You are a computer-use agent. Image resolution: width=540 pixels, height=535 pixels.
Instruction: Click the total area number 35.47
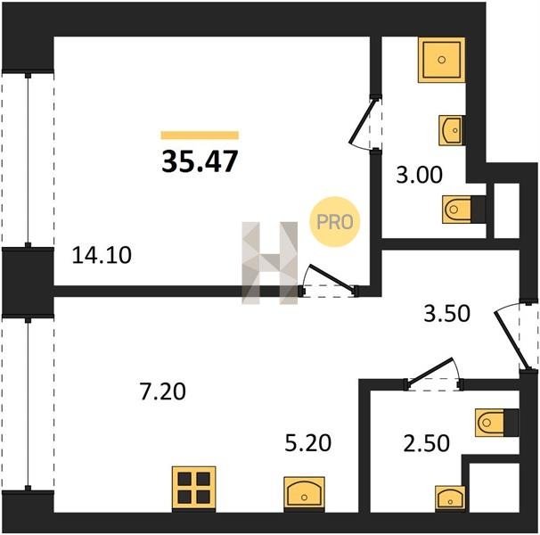[200, 161]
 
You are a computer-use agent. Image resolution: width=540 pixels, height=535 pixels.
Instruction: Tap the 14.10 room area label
[102, 255]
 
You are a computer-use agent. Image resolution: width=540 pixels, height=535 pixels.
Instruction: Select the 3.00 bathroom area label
[419, 175]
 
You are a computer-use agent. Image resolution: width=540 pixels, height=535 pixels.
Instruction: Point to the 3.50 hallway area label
[446, 313]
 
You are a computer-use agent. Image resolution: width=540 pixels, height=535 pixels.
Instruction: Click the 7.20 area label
[163, 391]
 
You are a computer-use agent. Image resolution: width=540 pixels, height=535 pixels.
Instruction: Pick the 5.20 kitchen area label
[308, 442]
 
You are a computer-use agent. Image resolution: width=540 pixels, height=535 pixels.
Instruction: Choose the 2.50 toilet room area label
[426, 442]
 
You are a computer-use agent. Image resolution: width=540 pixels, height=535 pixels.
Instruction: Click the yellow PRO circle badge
[335, 222]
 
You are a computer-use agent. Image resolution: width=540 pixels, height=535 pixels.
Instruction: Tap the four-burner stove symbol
[194, 489]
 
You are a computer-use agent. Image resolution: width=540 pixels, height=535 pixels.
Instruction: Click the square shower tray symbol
[441, 60]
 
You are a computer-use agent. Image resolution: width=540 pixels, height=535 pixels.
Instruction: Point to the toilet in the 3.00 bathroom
[463, 210]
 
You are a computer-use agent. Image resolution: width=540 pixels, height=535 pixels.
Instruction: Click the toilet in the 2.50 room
[496, 423]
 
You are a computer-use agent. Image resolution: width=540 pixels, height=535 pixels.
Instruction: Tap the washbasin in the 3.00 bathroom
[452, 130]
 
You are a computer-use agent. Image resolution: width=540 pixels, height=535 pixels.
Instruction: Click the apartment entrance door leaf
[511, 341]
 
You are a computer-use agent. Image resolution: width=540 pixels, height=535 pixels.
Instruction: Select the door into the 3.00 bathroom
[362, 121]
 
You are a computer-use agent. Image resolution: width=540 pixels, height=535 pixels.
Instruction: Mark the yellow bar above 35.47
[200, 136]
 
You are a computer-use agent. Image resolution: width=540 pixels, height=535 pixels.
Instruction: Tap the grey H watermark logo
[270, 263]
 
